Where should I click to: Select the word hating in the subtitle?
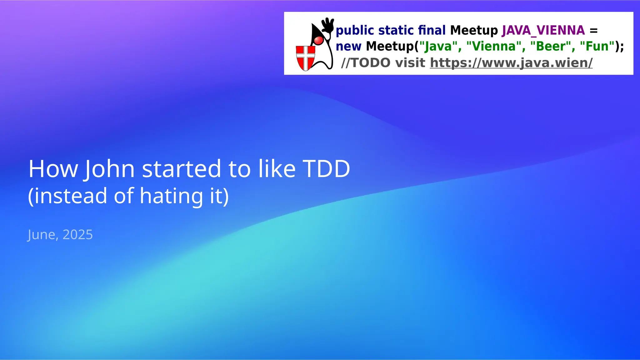[171, 196]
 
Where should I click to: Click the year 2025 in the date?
[77, 235]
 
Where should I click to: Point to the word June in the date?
[42, 235]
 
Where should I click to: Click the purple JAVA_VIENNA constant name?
[543, 30]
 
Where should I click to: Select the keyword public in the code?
[355, 31]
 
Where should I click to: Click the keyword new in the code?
[348, 46]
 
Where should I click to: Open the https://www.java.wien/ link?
[511, 63]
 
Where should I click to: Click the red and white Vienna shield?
[305, 58]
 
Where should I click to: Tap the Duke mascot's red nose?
[318, 40]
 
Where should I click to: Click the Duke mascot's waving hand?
[328, 25]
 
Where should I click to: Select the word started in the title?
[182, 169]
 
